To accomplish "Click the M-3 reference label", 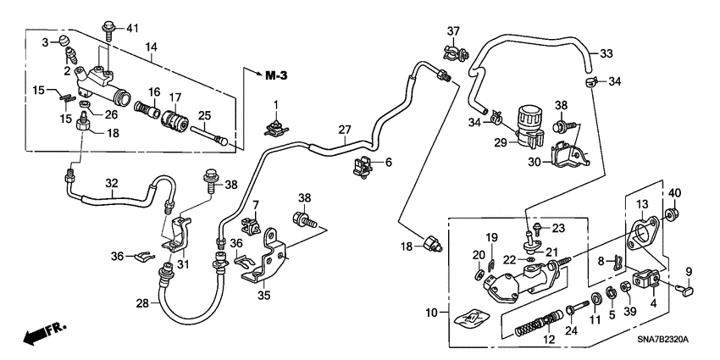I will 276,76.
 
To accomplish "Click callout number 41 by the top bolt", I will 131,30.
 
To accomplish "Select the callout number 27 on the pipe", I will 344,130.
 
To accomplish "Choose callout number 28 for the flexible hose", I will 142,302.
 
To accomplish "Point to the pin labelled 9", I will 687,291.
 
